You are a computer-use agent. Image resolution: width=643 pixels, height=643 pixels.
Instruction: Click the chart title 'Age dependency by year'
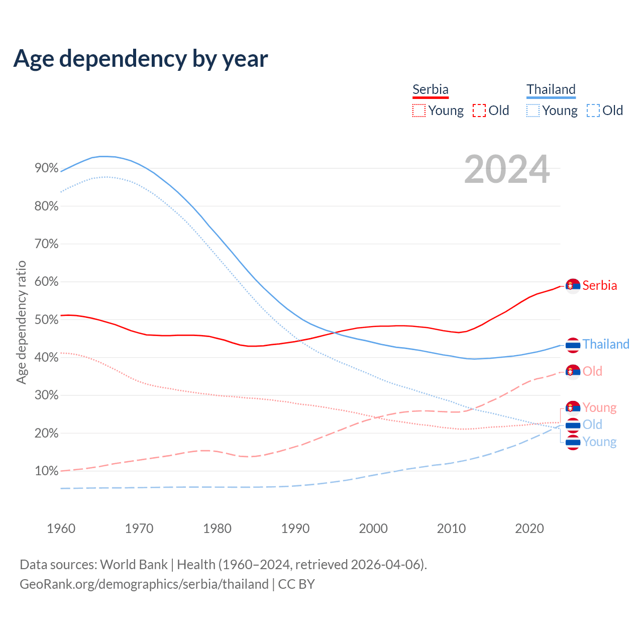(141, 59)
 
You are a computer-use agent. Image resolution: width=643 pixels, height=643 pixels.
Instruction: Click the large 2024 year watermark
(507, 169)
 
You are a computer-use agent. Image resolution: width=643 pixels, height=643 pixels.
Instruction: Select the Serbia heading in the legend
(431, 89)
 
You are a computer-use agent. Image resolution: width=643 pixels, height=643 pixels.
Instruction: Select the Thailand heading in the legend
(551, 89)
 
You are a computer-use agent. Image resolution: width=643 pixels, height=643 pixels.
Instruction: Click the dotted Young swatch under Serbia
(419, 111)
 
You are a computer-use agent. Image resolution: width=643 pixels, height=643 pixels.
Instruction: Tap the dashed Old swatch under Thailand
(593, 111)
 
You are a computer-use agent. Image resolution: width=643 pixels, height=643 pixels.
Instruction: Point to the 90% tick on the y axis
(47, 168)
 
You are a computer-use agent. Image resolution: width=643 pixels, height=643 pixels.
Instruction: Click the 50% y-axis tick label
(47, 319)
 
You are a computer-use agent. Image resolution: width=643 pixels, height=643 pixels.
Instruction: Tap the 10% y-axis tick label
(47, 471)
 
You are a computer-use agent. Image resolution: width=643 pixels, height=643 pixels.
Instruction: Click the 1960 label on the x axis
(61, 528)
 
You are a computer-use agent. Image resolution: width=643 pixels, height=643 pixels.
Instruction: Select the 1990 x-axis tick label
(295, 528)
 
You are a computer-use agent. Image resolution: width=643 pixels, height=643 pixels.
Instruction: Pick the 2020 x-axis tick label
(529, 528)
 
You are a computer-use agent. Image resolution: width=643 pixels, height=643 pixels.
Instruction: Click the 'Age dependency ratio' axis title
(21, 322)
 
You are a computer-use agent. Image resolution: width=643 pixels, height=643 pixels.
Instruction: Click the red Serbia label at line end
(600, 286)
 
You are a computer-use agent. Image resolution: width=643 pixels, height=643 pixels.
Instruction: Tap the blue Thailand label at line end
(606, 345)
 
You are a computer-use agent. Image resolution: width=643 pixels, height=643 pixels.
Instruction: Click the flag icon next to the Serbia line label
(573, 286)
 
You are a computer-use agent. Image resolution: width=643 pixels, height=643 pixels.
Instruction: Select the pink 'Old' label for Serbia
(592, 372)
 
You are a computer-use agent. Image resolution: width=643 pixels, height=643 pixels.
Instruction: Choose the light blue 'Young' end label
(599, 442)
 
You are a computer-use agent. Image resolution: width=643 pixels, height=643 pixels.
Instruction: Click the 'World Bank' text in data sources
(134, 565)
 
